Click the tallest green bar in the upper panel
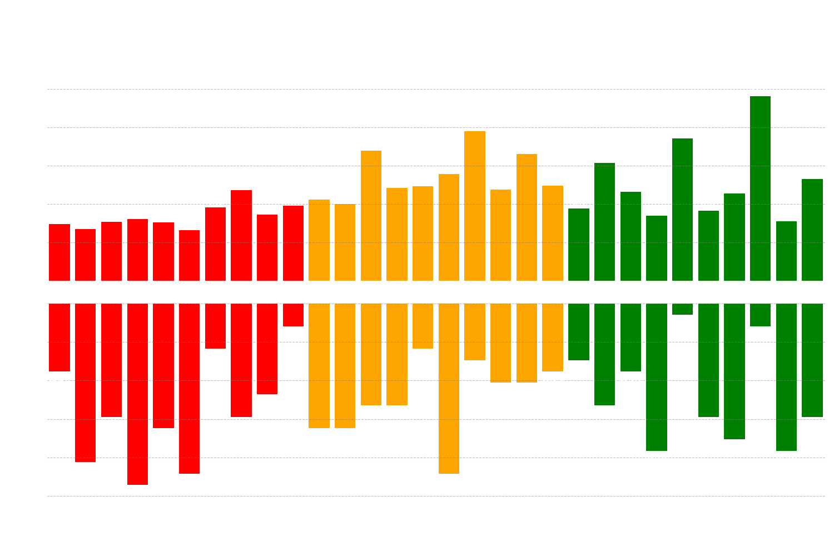tap(760, 189)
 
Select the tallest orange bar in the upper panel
tap(475, 206)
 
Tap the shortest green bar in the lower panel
tap(682, 309)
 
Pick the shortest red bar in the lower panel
tap(293, 315)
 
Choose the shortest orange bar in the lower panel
tap(423, 326)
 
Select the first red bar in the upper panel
tap(59, 252)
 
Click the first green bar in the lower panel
tap(578, 331)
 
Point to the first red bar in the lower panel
tap(59, 337)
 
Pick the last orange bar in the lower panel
tap(552, 337)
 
